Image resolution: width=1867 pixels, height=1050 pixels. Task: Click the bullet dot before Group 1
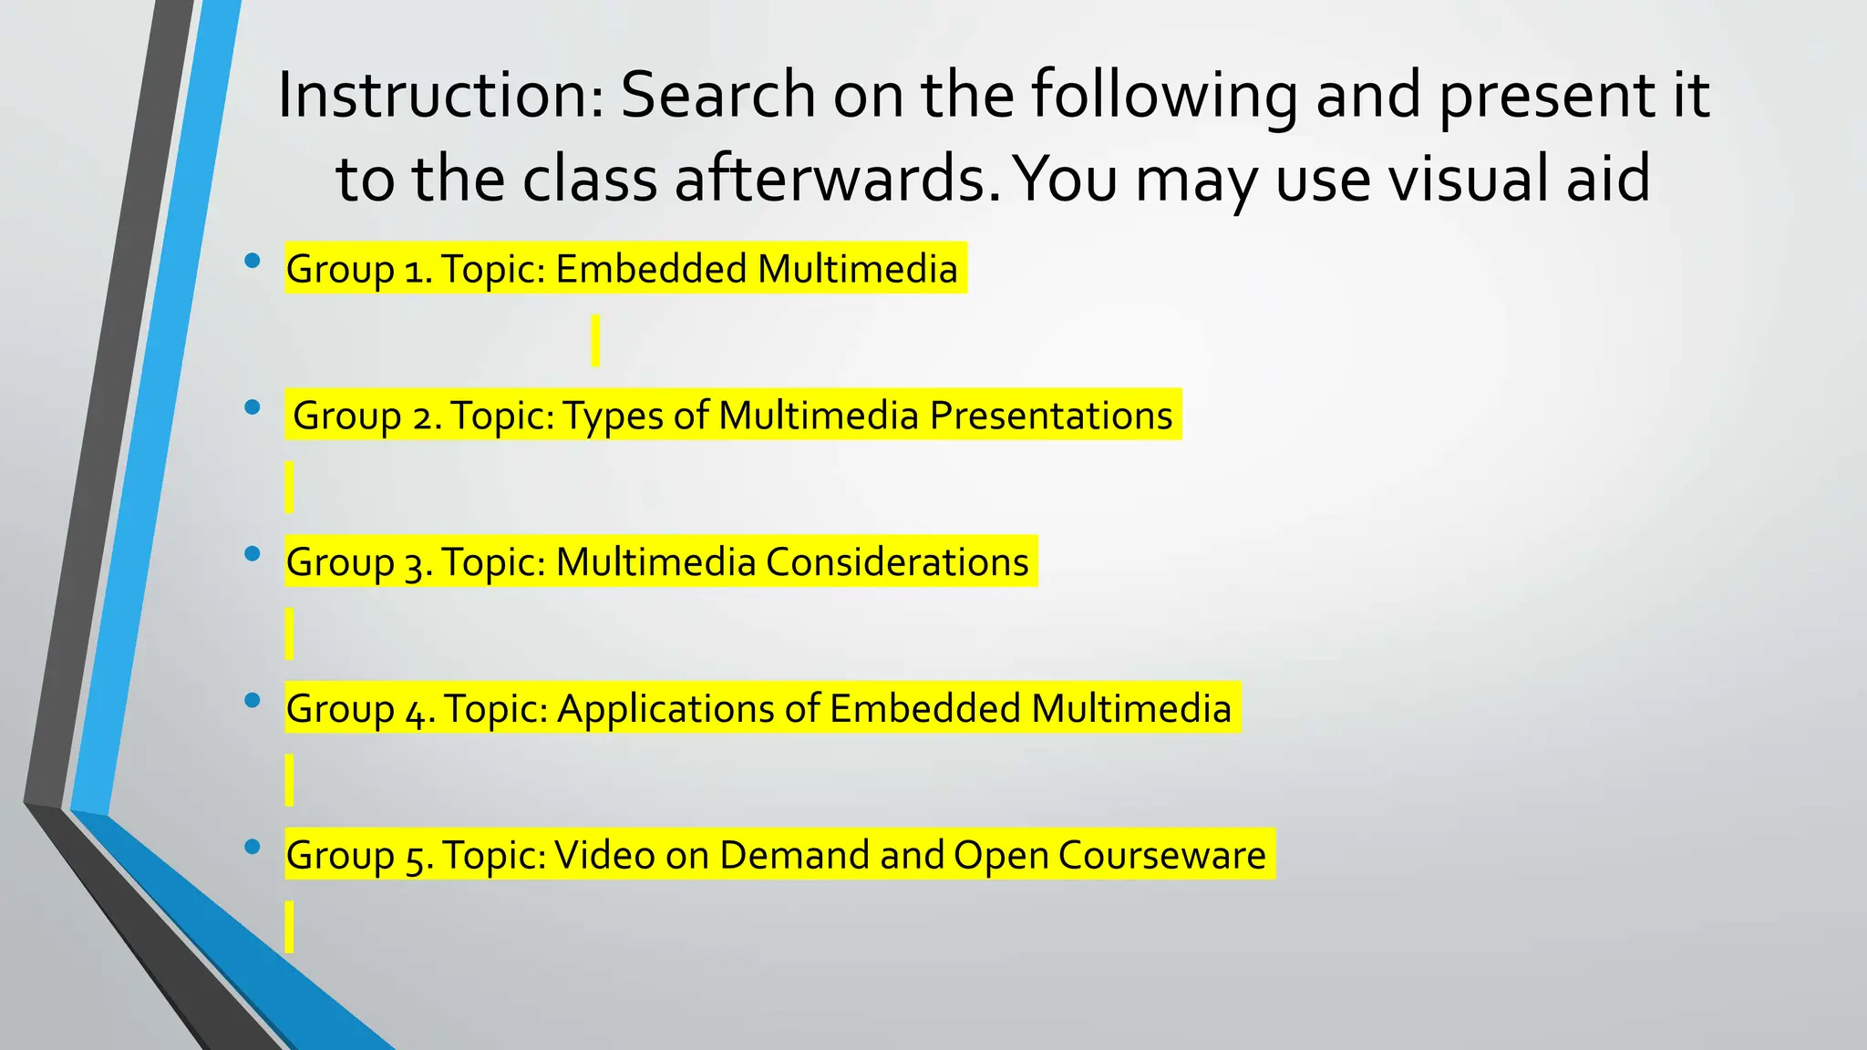253,262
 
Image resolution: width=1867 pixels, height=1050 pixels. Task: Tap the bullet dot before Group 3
253,554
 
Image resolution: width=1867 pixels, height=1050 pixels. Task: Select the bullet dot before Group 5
253,848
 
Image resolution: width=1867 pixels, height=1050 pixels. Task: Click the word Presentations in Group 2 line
1050,416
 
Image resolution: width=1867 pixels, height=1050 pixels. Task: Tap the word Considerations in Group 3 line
897,562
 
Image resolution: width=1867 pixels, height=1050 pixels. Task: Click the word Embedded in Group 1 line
651,270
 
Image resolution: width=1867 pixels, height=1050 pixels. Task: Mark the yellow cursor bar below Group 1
595,341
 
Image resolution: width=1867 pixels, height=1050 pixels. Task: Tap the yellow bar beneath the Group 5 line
289,927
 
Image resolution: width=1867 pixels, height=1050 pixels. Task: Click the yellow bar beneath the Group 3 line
289,633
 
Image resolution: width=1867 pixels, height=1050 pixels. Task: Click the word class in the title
590,179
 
